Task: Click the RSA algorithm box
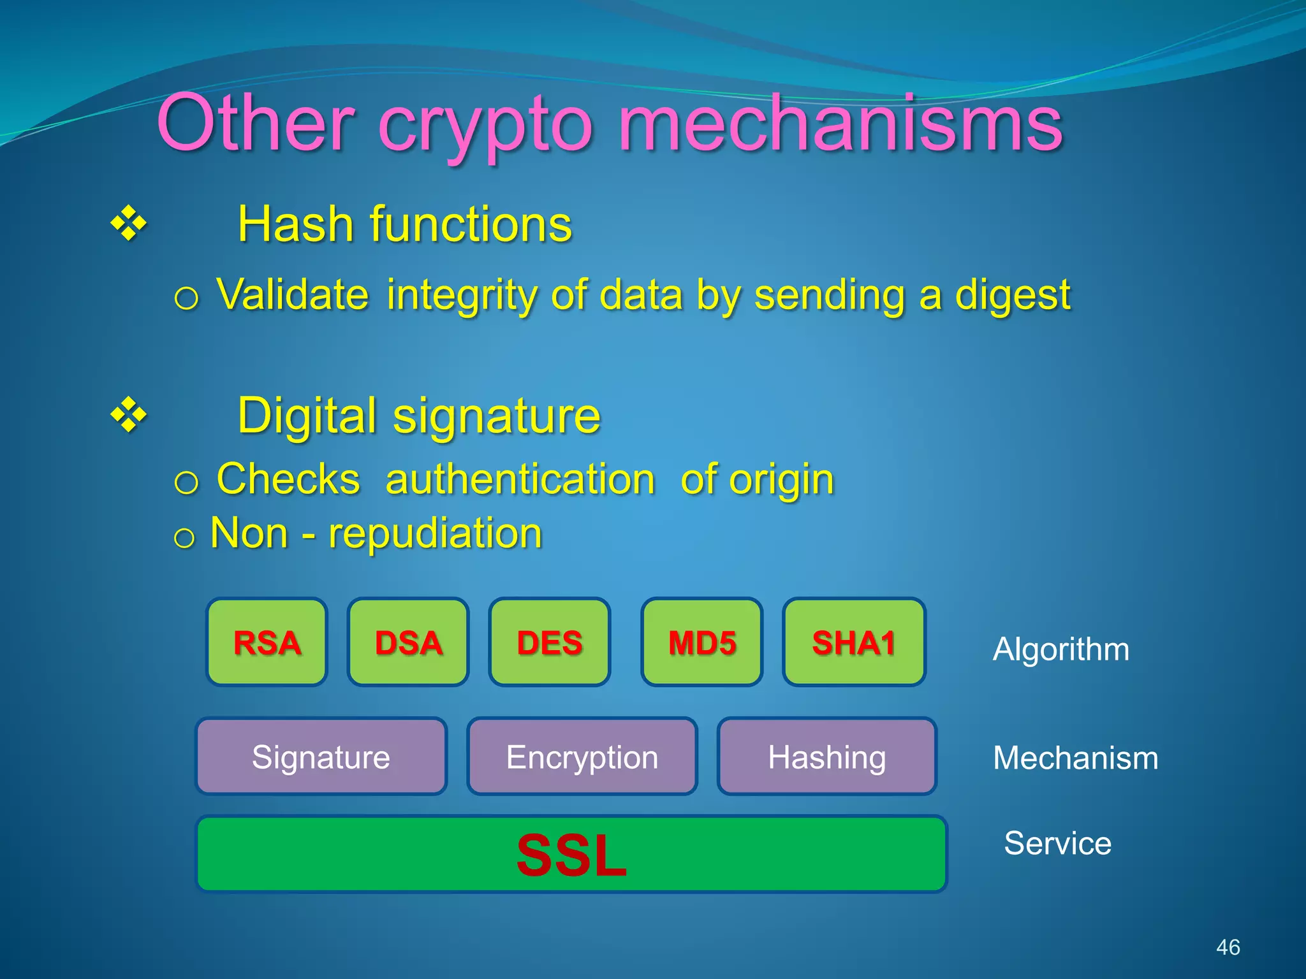tap(267, 642)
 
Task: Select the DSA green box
tap(408, 642)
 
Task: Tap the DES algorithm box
tap(549, 642)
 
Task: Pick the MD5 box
tap(701, 642)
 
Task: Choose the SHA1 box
tap(854, 642)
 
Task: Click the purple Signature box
tap(321, 757)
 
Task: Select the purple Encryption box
tap(582, 757)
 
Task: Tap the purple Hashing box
tap(826, 757)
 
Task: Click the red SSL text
tap(571, 855)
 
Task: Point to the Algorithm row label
tap(1060, 649)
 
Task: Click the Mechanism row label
tap(1075, 758)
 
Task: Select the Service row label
tap(1057, 843)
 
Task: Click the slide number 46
tap(1228, 947)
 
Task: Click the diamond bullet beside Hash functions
tap(129, 224)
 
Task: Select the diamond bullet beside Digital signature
tap(129, 415)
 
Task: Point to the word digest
tap(1012, 296)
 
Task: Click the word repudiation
tap(435, 533)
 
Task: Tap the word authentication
tap(520, 479)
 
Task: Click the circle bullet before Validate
tap(186, 298)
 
